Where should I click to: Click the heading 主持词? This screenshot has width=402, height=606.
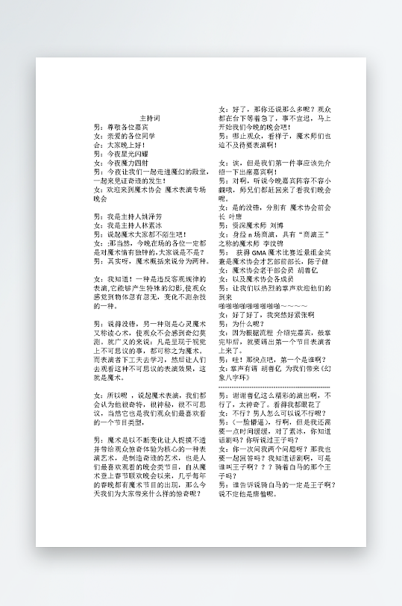click(151, 119)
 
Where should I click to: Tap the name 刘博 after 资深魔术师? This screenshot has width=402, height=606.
click(276, 224)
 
